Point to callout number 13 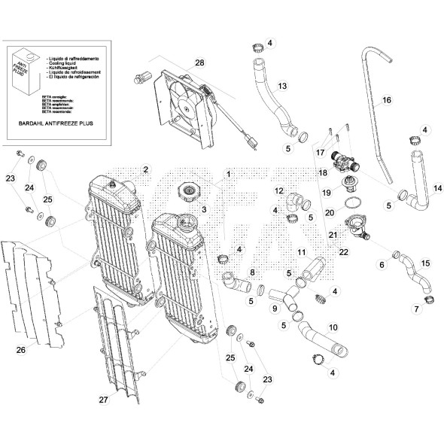(x=282, y=86)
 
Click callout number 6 (x=382, y=265)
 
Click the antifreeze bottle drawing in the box (x=25, y=75)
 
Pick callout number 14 (x=437, y=187)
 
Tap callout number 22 (x=344, y=252)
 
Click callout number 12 (x=278, y=190)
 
